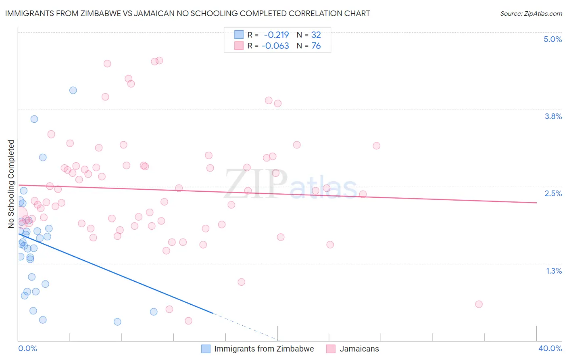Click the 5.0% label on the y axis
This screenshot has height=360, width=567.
552,39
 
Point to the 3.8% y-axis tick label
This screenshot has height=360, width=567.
553,116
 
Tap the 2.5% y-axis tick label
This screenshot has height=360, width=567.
553,193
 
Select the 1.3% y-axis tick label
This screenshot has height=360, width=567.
554,271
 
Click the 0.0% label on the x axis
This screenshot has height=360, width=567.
27,348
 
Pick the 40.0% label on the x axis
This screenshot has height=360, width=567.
550,348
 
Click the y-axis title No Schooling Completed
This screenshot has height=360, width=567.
11,184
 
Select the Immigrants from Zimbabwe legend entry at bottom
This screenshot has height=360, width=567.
264,349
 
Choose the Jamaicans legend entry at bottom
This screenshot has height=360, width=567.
359,349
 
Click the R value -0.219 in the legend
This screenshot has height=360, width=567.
276,35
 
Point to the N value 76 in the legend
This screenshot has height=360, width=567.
316,46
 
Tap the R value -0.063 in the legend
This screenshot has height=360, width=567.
275,46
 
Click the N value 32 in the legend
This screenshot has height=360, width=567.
316,35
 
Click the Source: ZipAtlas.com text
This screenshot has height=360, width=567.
531,14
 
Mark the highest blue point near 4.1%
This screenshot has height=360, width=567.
73,90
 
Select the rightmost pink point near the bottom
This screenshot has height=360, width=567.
479,304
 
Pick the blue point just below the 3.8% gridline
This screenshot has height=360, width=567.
34,119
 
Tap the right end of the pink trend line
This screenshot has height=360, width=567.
536,203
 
